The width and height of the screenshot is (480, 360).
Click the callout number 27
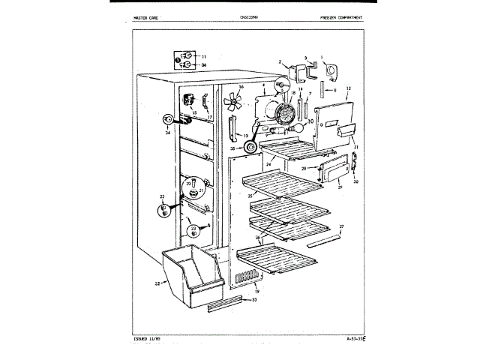click(x=342, y=226)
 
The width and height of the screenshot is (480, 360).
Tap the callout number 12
click(x=349, y=88)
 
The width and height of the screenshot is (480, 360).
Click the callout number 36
click(x=203, y=64)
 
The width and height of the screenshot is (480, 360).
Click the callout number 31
click(x=357, y=147)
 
